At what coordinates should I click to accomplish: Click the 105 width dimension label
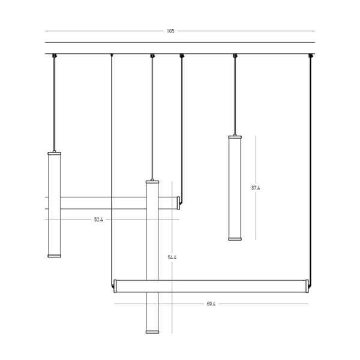pyautogui.click(x=171, y=31)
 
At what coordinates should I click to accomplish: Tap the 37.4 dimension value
pyautogui.click(x=256, y=188)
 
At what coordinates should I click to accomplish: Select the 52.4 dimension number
pyautogui.click(x=98, y=220)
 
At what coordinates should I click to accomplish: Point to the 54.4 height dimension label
pyautogui.click(x=172, y=257)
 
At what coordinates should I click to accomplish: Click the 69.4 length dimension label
pyautogui.click(x=211, y=304)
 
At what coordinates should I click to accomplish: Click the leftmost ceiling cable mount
pyautogui.click(x=55, y=56)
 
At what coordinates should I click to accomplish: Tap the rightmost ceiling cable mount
pyautogui.click(x=310, y=56)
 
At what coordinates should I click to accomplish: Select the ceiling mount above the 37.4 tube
pyautogui.click(x=235, y=56)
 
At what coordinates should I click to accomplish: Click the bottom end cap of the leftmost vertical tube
pyautogui.click(x=55, y=255)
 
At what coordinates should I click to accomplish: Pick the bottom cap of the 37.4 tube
pyautogui.click(x=235, y=238)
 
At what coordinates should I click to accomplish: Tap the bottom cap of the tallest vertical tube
pyautogui.click(x=152, y=331)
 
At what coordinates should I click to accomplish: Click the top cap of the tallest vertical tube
pyautogui.click(x=152, y=181)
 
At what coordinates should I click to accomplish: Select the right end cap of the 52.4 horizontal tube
pyautogui.click(x=178, y=203)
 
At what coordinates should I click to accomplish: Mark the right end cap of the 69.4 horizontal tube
pyautogui.click(x=308, y=286)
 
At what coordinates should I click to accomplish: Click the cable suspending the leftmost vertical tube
pyautogui.click(x=55, y=102)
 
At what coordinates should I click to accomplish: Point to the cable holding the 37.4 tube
pyautogui.click(x=235, y=96)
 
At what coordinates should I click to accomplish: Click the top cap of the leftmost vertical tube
pyautogui.click(x=55, y=154)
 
